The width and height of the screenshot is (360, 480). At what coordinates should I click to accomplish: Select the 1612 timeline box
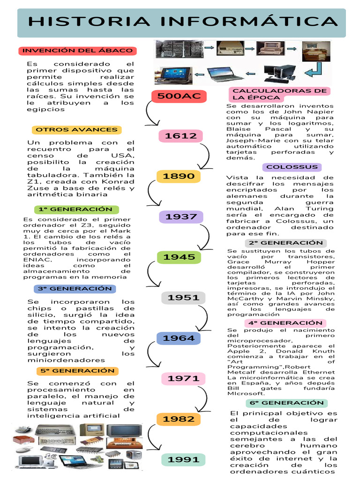[180, 136]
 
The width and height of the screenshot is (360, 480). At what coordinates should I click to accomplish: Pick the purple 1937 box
[181, 217]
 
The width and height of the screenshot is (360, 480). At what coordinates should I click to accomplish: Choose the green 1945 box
[179, 257]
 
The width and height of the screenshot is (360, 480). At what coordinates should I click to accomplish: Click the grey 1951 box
[183, 298]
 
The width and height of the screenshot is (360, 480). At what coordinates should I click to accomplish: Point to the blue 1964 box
[178, 338]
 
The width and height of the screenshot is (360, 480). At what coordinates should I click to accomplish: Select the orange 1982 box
[178, 419]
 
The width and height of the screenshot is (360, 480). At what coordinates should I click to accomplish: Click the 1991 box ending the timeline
[183, 460]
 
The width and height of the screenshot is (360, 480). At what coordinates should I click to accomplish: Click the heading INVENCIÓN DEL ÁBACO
[78, 51]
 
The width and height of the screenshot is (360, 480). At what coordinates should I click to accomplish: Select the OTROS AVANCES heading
[77, 129]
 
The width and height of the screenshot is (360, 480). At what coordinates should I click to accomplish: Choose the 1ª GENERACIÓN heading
[77, 209]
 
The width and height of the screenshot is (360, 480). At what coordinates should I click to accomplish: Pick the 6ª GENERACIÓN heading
[286, 403]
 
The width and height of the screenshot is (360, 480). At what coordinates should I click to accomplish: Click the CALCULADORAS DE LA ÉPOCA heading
[279, 94]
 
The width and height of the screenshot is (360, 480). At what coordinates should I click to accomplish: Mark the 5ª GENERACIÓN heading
[77, 371]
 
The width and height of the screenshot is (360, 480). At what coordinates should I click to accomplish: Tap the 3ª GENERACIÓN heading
[73, 288]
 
